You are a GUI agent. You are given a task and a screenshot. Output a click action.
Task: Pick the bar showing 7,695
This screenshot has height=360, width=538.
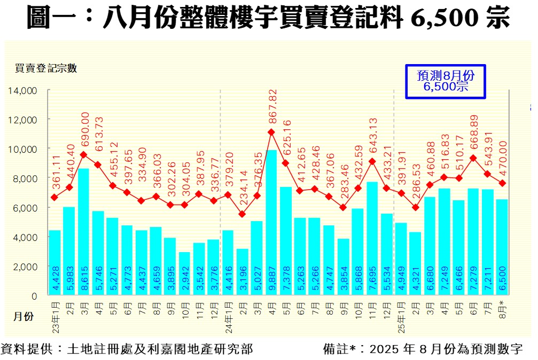[x=372, y=238]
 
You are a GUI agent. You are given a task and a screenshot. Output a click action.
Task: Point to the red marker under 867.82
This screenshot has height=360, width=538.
[x=271, y=132]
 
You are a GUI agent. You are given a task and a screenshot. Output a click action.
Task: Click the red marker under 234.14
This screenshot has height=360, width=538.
[x=242, y=214]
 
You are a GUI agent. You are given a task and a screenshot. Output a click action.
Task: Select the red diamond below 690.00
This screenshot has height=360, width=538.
[x=84, y=155]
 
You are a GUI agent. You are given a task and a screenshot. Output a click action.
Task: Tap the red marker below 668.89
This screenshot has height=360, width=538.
[x=473, y=158]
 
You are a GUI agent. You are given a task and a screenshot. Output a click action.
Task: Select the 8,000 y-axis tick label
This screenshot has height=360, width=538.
[x=24, y=178]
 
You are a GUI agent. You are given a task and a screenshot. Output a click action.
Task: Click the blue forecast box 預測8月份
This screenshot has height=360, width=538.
[x=446, y=82]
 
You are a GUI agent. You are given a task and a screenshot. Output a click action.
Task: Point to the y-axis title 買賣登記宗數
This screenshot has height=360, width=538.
[x=45, y=68]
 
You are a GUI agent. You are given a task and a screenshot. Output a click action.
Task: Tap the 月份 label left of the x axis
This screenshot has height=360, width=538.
[x=24, y=317]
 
